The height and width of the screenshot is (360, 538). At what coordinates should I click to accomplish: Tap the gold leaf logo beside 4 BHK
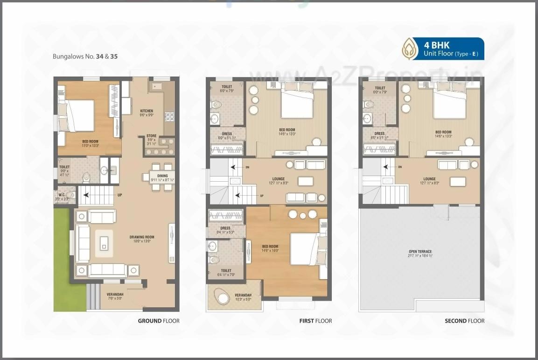click(411, 49)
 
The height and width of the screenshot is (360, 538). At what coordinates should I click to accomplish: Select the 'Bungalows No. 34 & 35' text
click(85, 56)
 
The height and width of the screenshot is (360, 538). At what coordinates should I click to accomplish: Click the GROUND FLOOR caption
click(159, 321)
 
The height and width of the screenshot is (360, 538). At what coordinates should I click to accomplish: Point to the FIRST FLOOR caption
click(315, 321)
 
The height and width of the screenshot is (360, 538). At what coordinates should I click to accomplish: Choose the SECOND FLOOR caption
click(464, 321)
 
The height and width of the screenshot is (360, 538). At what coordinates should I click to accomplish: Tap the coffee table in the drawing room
click(104, 243)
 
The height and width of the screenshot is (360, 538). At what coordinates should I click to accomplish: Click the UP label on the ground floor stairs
click(120, 195)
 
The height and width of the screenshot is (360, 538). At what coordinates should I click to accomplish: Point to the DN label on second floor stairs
click(400, 167)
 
